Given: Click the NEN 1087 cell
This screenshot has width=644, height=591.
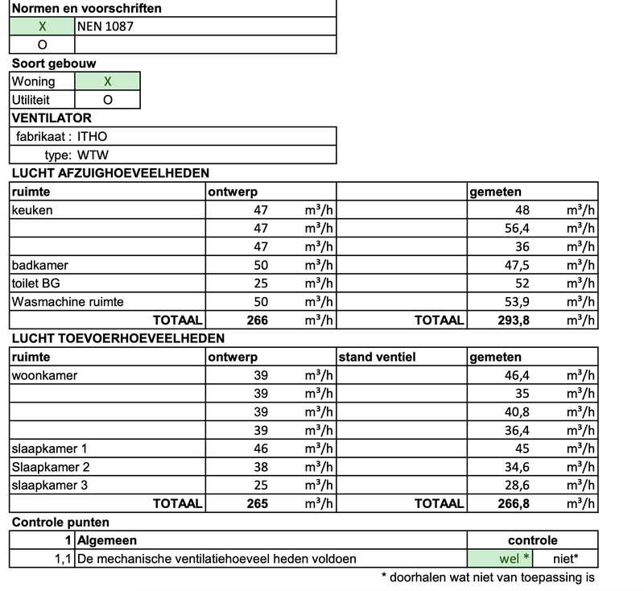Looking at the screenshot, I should [x=105, y=27].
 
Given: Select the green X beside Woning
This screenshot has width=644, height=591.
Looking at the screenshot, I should [x=107, y=81].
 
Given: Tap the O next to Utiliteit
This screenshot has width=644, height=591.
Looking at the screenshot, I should [x=107, y=100].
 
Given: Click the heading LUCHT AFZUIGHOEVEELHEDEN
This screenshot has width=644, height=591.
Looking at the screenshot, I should [x=110, y=173].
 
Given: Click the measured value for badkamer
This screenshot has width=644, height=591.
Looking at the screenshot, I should [x=512, y=266].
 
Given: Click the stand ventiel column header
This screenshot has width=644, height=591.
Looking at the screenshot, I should [x=377, y=357].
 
